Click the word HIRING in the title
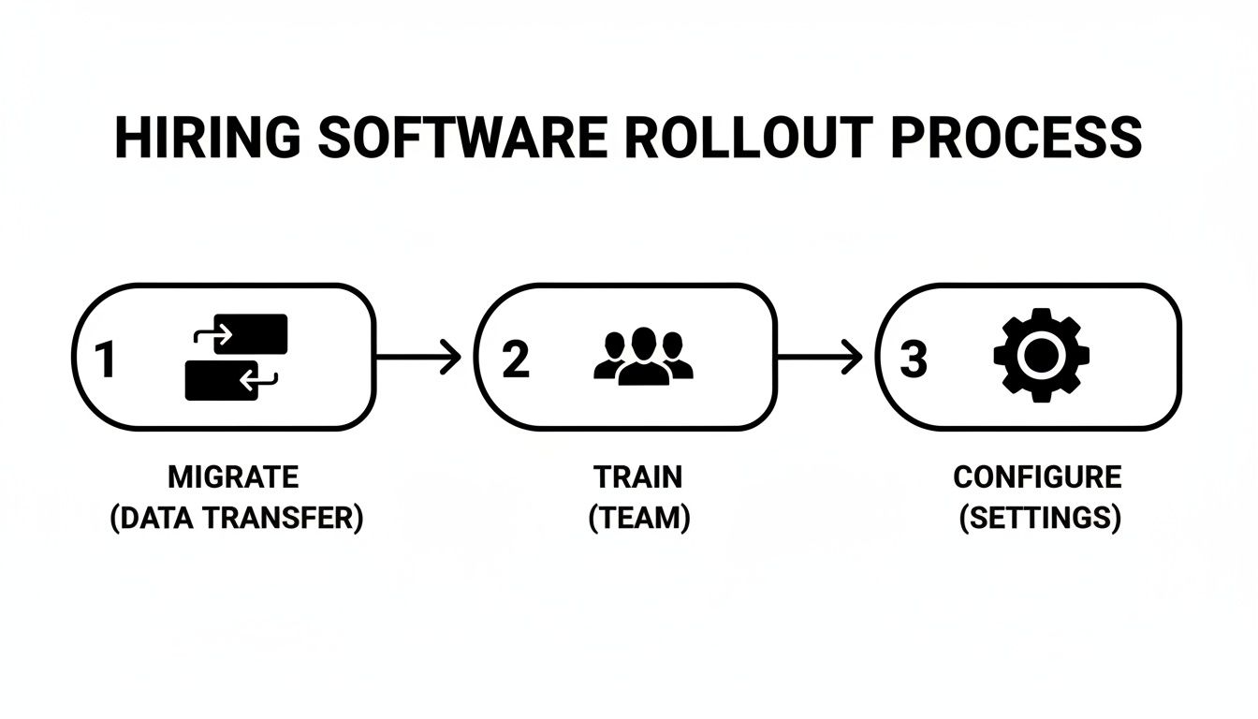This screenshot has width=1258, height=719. click(x=207, y=139)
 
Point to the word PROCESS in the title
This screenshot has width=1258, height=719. click(x=1016, y=139)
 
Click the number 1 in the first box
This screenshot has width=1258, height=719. click(x=105, y=359)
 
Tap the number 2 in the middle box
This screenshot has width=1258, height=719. click(x=515, y=359)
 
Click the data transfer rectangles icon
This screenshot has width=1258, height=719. click(x=237, y=357)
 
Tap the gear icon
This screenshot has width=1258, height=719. click(x=1042, y=357)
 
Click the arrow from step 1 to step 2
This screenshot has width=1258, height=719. click(x=419, y=357)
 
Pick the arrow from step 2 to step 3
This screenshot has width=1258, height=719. click(x=820, y=357)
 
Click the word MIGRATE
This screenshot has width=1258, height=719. click(x=233, y=477)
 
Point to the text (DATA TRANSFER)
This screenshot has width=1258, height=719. click(x=236, y=518)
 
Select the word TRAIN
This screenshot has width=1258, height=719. click(x=638, y=477)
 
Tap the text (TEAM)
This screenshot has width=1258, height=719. click(x=639, y=518)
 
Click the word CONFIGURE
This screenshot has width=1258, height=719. click(x=1037, y=477)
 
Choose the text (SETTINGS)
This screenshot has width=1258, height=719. click(x=1040, y=518)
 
